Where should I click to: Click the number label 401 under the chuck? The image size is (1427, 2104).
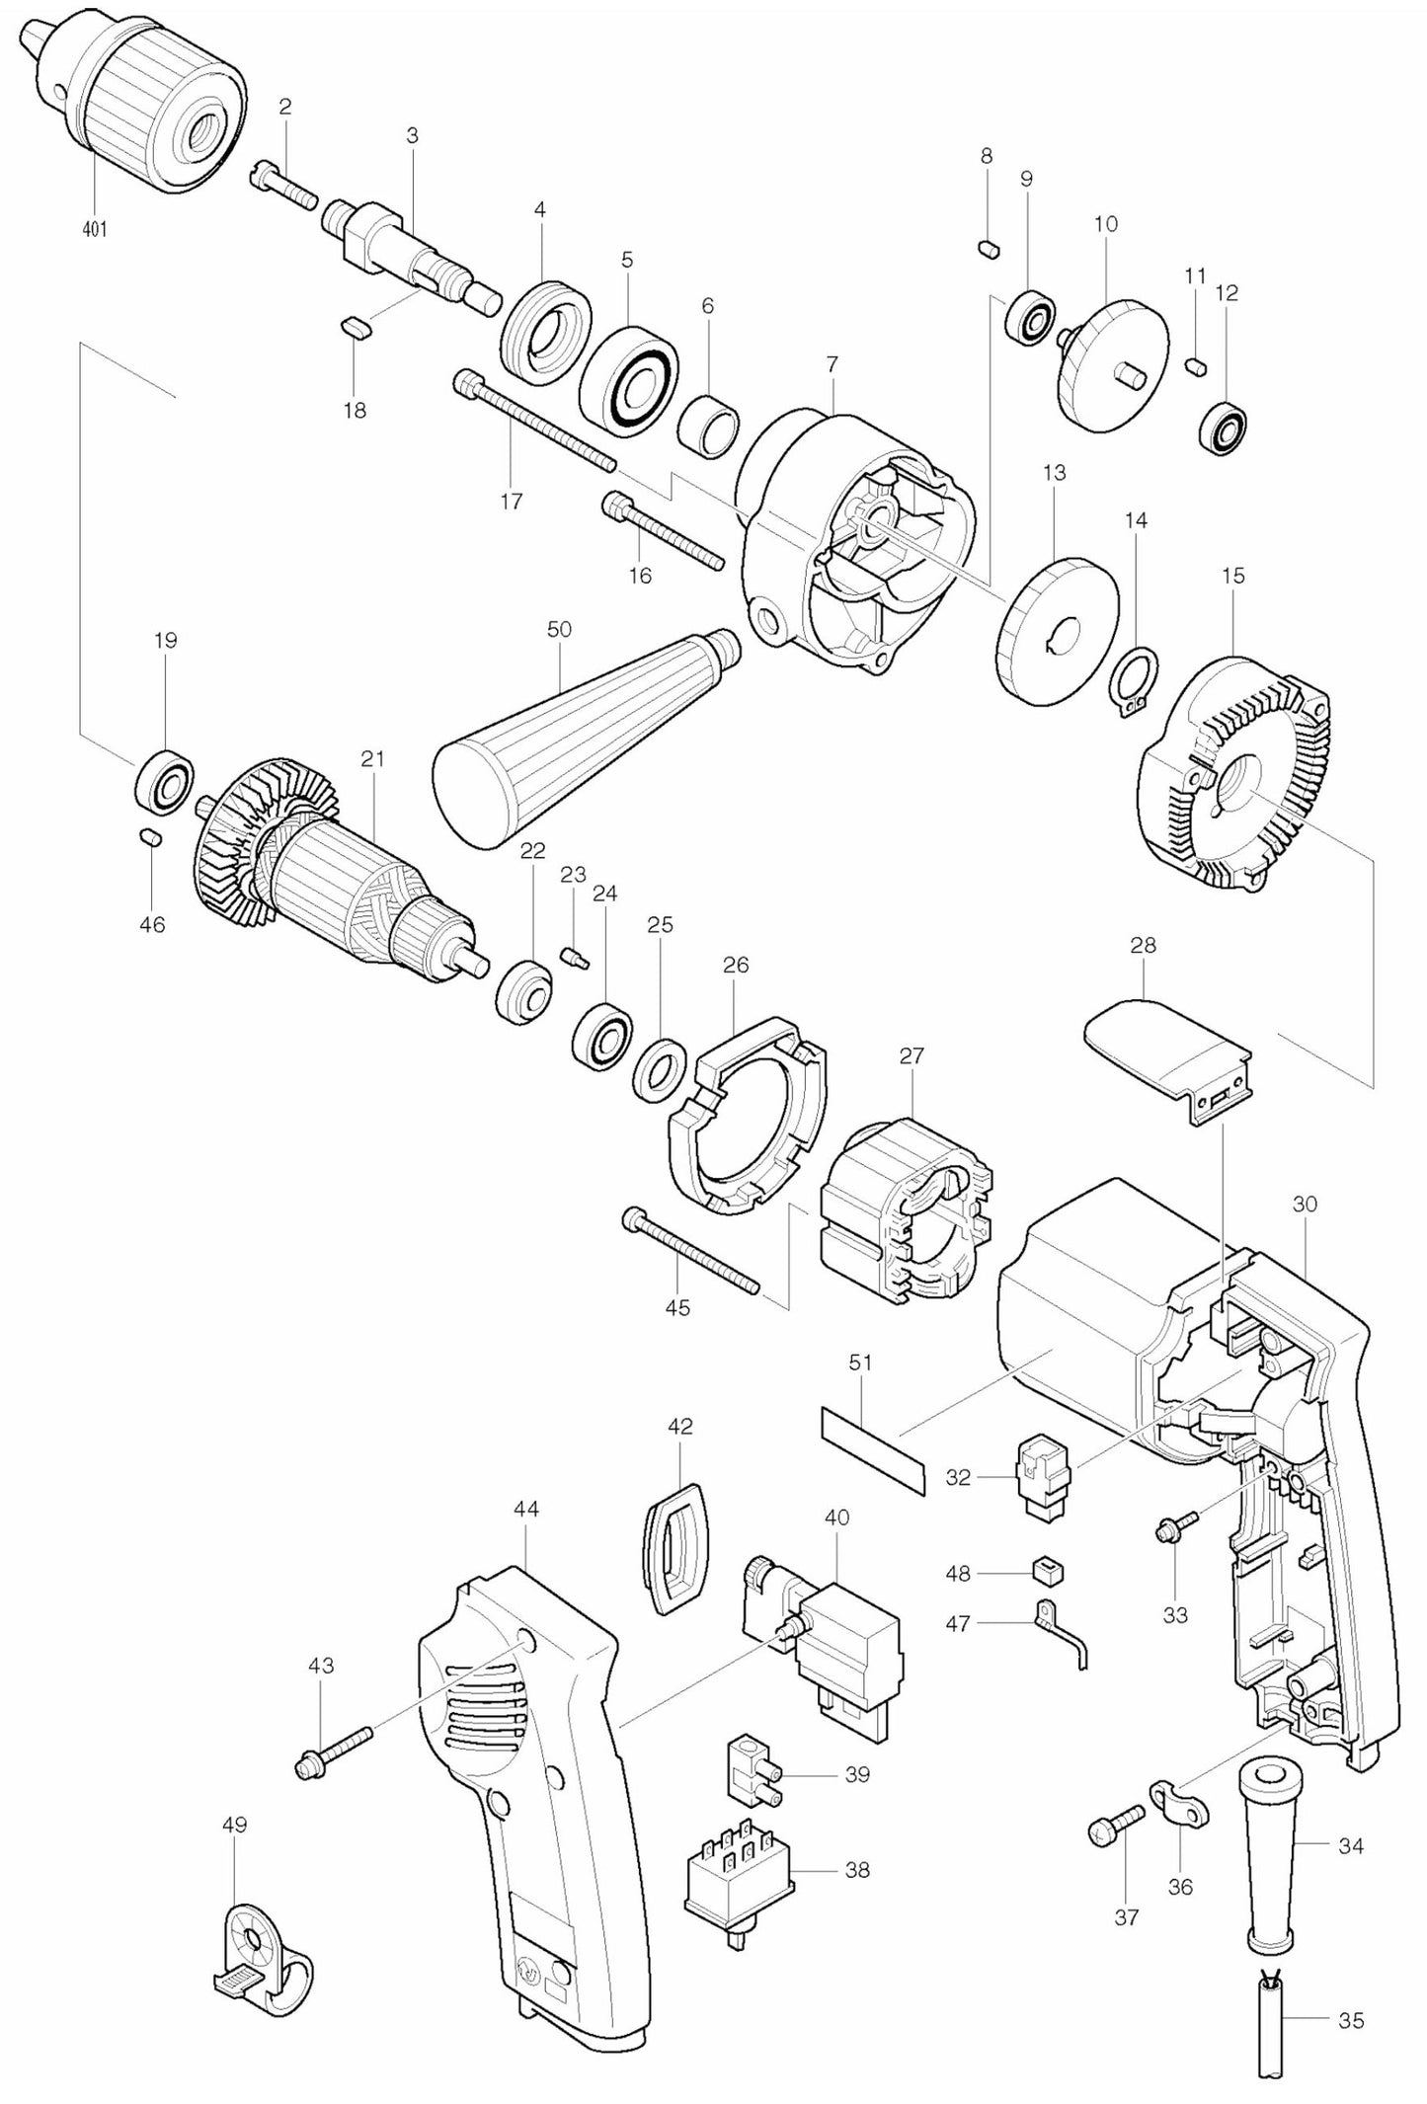coord(95,229)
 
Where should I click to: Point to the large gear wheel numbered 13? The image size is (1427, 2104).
coord(1057,632)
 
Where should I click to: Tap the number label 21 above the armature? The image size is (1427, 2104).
coord(372,759)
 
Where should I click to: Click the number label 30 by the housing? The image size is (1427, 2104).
coord(1305,1205)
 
